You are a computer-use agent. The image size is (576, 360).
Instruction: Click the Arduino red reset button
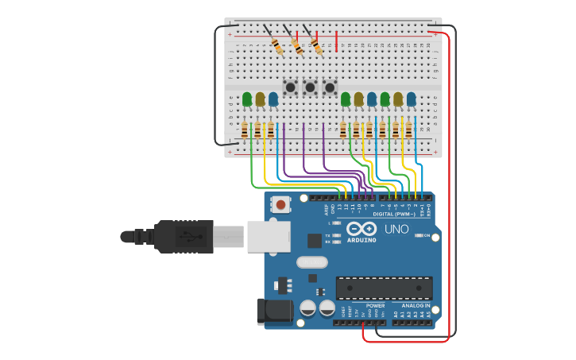click(280, 204)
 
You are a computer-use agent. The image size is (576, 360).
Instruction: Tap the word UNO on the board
click(396, 230)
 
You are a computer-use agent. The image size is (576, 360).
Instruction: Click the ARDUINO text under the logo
click(361, 239)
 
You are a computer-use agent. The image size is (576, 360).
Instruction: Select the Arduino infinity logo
click(361, 228)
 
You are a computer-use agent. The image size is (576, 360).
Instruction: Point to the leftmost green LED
click(247, 99)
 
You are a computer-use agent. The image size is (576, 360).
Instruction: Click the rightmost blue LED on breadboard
click(412, 99)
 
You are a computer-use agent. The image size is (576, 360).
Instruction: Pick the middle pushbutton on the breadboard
click(310, 87)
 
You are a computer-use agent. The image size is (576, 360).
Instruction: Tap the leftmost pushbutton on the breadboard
click(291, 87)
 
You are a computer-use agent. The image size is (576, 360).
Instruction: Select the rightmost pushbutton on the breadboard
click(329, 87)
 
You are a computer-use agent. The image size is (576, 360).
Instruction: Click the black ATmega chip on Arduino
click(384, 288)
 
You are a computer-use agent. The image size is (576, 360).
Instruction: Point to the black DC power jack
click(274, 311)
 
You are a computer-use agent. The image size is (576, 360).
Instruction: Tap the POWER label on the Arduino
click(375, 305)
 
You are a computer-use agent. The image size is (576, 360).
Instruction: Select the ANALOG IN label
click(416, 305)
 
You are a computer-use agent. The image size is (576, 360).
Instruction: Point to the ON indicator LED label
click(426, 236)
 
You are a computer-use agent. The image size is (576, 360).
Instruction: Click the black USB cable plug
click(183, 236)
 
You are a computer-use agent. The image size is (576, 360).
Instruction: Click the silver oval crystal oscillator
click(311, 261)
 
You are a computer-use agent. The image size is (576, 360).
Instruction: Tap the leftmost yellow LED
click(260, 99)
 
